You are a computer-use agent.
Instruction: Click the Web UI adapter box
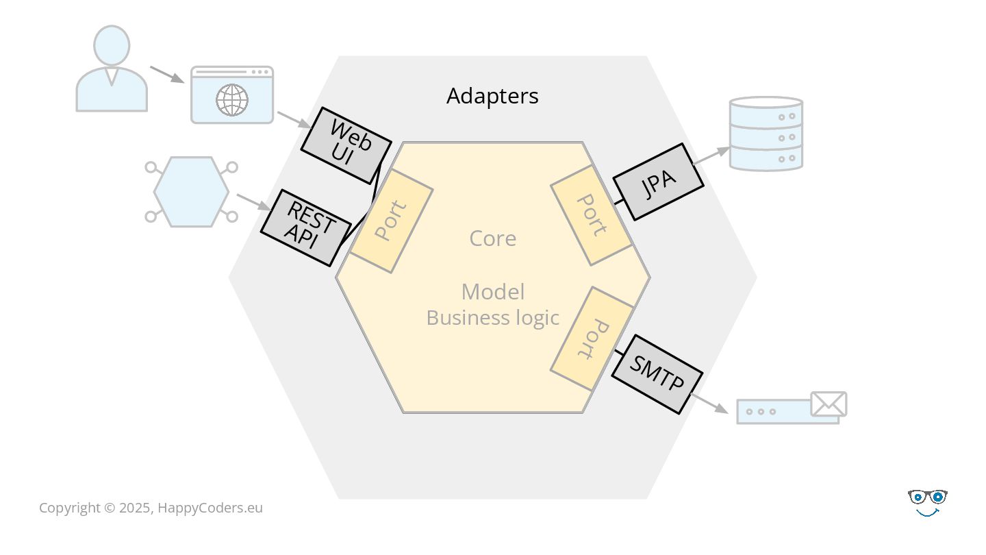346,145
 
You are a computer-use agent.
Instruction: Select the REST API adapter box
306,227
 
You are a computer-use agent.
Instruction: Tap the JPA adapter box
658,182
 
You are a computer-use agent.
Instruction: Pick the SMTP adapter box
657,373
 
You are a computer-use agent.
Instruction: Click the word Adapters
492,96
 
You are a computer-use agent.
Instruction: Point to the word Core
492,238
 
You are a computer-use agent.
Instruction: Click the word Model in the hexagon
492,292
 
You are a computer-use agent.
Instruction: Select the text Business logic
492,318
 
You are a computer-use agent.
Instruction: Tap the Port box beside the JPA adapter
591,214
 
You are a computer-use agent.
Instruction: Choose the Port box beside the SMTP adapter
592,338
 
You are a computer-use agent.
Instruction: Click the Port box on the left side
391,221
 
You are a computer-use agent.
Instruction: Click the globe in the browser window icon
232,100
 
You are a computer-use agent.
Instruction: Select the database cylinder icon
766,134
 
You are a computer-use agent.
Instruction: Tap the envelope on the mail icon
829,404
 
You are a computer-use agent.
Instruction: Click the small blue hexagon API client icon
191,192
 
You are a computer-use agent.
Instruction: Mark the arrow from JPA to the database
712,156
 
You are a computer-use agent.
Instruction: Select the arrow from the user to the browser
166,75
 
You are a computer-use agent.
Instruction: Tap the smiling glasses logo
927,502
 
